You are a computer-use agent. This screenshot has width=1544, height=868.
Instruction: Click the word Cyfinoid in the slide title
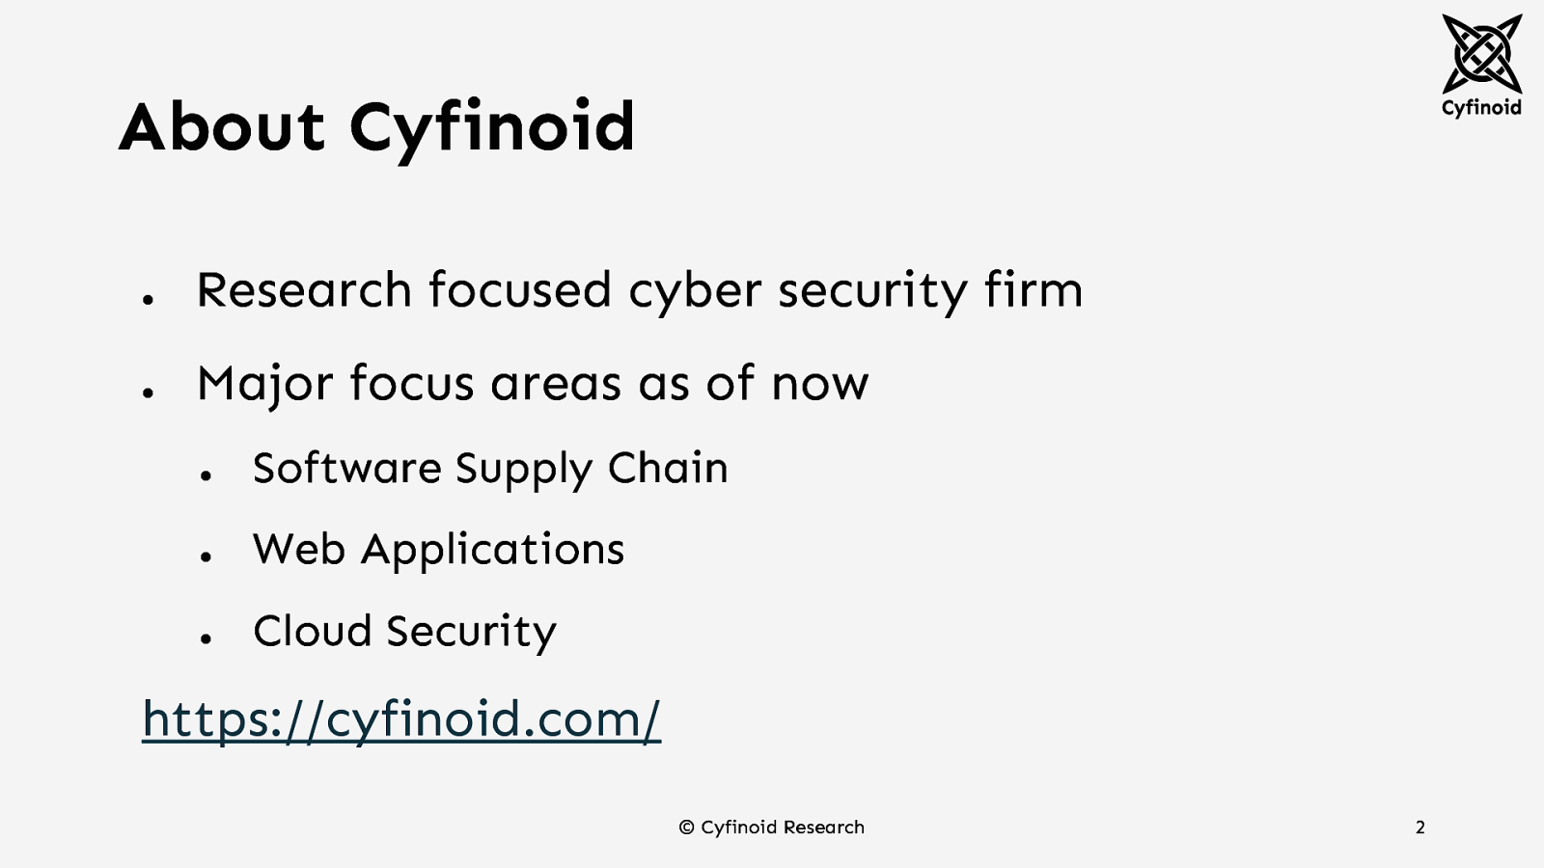point(492,128)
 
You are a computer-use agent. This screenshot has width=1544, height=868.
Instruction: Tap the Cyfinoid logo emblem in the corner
point(1481,53)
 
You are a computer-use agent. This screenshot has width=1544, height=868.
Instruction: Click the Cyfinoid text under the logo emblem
point(1481,107)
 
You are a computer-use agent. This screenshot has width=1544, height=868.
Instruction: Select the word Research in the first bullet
point(304,289)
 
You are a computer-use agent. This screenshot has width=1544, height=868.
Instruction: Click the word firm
point(1034,289)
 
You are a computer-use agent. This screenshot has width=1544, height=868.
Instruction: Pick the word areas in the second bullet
point(556,384)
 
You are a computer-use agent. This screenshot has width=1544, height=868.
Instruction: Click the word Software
point(346,468)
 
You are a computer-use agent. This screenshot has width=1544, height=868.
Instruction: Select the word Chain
point(668,468)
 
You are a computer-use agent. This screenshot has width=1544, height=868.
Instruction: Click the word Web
point(299,550)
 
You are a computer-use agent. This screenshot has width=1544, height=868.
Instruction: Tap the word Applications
point(493,551)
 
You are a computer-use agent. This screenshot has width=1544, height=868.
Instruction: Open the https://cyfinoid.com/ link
point(401,719)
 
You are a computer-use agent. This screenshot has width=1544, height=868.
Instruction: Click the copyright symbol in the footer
point(687,827)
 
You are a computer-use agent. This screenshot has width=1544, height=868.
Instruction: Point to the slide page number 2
point(1420,827)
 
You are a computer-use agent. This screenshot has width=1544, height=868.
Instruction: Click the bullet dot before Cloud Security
point(206,637)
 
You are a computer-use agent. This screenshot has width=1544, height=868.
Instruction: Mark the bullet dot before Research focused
point(148,300)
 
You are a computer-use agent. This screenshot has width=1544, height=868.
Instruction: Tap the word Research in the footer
point(823,827)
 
